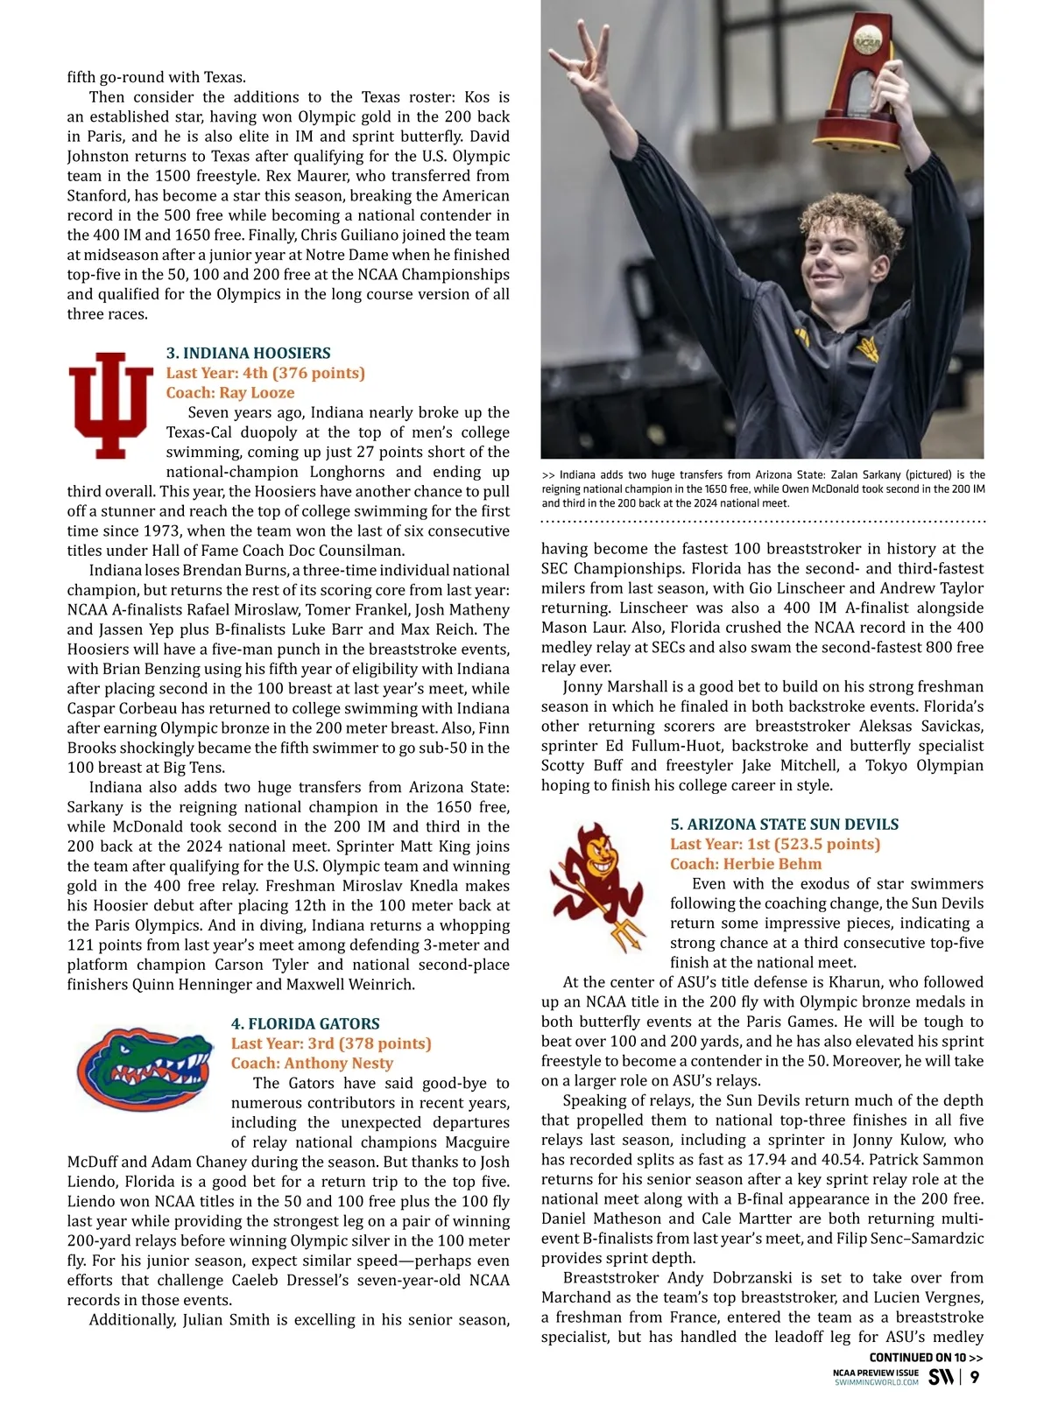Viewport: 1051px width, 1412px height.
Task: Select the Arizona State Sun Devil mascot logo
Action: coord(600,886)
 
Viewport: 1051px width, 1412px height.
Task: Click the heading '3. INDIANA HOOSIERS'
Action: coord(249,354)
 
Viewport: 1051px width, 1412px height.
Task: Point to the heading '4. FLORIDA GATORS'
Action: coord(306,1024)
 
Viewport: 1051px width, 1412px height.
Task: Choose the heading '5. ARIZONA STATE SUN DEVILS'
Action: coord(785,825)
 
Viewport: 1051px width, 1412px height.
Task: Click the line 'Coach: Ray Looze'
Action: coord(230,393)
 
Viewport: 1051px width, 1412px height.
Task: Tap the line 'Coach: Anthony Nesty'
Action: coord(313,1064)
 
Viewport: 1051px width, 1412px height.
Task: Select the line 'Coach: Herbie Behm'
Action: coord(734,864)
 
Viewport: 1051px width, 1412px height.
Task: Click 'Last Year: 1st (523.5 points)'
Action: coord(775,845)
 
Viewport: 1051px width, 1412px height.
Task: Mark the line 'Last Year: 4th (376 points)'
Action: coord(266,373)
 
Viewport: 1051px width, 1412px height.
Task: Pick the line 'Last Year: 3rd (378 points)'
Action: coord(332,1043)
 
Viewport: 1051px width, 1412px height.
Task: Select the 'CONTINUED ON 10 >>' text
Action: coord(926,1358)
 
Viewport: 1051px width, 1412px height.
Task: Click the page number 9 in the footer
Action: coord(975,1377)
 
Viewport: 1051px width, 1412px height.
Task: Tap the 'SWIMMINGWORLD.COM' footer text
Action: coord(876,1382)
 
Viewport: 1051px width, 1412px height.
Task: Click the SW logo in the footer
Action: coord(942,1377)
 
